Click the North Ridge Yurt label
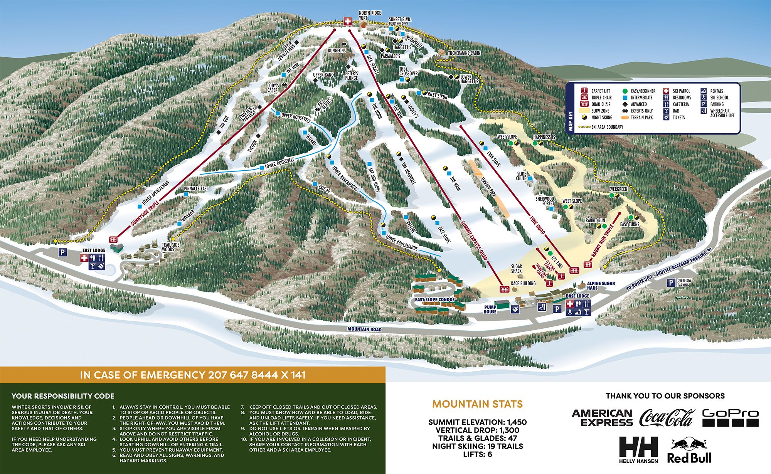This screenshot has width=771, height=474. [370, 15]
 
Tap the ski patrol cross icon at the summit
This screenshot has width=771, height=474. [348, 22]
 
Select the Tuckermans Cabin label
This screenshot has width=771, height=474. [464, 53]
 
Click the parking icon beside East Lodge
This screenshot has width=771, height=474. [62, 252]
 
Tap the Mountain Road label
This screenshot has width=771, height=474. [364, 329]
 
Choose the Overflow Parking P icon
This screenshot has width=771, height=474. [671, 283]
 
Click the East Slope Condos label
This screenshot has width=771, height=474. [435, 299]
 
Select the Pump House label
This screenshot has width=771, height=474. [490, 309]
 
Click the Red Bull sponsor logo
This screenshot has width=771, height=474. [689, 451]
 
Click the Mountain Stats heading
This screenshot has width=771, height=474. [477, 404]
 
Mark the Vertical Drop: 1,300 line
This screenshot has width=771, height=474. [477, 430]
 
